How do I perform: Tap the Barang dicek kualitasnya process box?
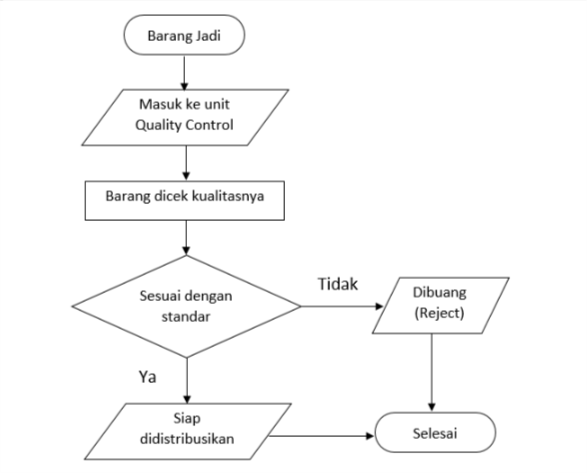[x=185, y=198]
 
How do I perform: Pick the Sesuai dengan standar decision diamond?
[x=186, y=305]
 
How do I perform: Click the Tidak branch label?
[x=338, y=285]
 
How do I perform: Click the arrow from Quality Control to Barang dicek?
[x=185, y=162]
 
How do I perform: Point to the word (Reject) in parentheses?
[x=432, y=315]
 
